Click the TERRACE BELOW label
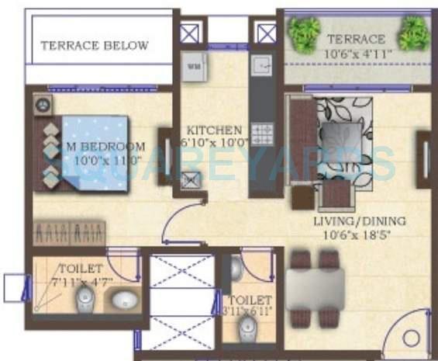(94, 46)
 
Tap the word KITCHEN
(214, 130)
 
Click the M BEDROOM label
(105, 146)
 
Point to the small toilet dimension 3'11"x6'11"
(250, 311)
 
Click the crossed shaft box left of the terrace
(266, 33)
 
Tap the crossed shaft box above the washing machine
(189, 33)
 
